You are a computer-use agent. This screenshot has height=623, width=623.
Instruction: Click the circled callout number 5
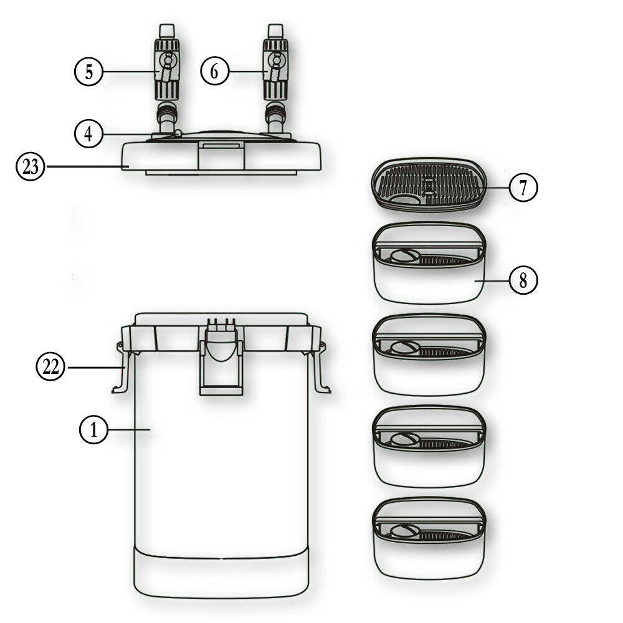coord(89,72)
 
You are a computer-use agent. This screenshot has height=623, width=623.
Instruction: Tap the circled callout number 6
coord(214,72)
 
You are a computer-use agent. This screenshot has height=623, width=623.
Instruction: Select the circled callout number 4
coord(89,134)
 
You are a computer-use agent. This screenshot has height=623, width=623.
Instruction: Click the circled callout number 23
coord(31,167)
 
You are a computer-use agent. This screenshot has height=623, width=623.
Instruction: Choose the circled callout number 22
coord(50,368)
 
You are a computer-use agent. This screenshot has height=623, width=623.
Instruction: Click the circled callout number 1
coord(93,430)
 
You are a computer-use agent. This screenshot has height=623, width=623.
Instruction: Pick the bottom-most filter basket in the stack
coord(429,540)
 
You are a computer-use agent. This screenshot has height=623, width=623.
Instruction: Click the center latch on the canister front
coord(222,361)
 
